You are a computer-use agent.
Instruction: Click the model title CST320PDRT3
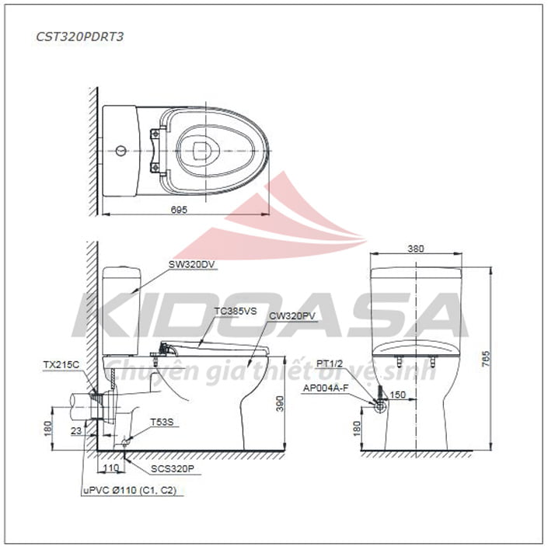80,37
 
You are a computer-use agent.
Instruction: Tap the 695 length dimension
179,210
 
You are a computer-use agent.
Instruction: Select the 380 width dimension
416,249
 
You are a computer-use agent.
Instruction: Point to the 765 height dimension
486,358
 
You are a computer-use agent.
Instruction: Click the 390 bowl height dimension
280,403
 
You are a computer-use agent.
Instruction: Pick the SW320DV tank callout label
192,264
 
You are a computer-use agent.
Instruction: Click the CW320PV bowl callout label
292,316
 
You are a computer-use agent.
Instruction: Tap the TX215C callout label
61,365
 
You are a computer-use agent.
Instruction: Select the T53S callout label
162,422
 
